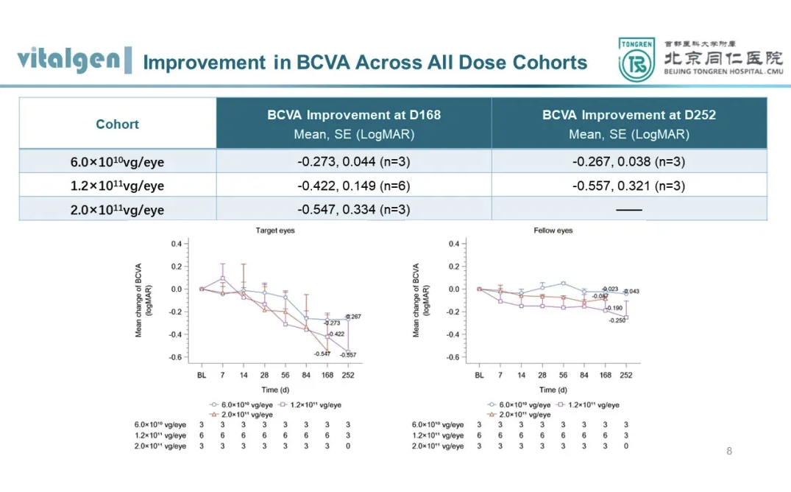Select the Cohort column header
(x=117, y=124)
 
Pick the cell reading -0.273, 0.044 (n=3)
(x=354, y=162)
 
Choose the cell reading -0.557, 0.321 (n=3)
(x=629, y=186)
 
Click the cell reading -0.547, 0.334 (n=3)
(x=354, y=210)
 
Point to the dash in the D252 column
(x=629, y=210)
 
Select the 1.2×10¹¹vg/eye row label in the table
(x=117, y=186)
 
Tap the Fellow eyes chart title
(x=553, y=231)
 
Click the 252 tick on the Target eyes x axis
(x=348, y=376)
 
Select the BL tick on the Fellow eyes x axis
(x=479, y=376)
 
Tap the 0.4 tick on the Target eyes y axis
(x=177, y=244)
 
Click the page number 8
(x=729, y=451)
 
